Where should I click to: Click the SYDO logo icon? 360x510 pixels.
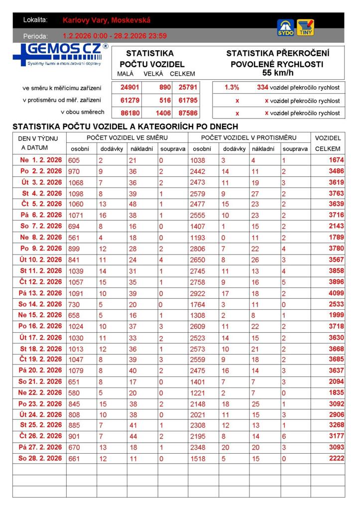[x=286, y=27]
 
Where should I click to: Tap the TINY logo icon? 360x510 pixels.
[x=305, y=27]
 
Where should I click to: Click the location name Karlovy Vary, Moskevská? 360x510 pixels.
[x=107, y=20]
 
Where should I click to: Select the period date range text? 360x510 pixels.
[x=115, y=36]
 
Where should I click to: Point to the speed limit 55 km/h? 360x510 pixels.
[x=277, y=73]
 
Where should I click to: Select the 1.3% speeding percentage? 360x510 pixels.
[x=232, y=87]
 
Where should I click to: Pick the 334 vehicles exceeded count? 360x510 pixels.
[x=262, y=87]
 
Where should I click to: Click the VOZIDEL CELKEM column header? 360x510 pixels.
[x=328, y=143]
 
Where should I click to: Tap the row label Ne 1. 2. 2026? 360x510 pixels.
[x=41, y=160]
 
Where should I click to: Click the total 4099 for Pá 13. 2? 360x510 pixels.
[x=336, y=293]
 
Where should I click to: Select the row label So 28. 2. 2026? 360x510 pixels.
[x=40, y=458]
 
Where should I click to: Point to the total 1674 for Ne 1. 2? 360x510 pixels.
[x=336, y=160]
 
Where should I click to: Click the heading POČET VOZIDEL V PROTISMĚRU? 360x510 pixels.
[x=248, y=137]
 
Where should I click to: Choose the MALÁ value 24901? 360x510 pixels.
[x=130, y=87]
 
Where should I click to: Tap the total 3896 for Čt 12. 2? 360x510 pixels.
[x=336, y=282]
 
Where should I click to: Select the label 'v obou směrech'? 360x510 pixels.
[x=83, y=112]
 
